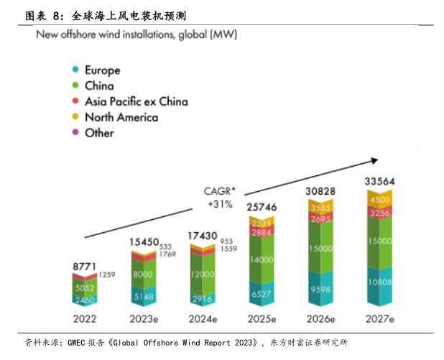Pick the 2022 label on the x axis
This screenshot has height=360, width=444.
85,318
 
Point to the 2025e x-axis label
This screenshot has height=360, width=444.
262,318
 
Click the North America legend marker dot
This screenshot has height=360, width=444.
75,117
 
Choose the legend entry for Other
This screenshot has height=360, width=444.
99,133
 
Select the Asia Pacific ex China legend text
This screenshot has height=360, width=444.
136,101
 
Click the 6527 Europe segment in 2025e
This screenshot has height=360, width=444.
262,294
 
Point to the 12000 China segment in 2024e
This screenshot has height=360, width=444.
203,275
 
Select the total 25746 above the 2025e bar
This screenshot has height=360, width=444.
262,207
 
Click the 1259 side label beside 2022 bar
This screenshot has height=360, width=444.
107,274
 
